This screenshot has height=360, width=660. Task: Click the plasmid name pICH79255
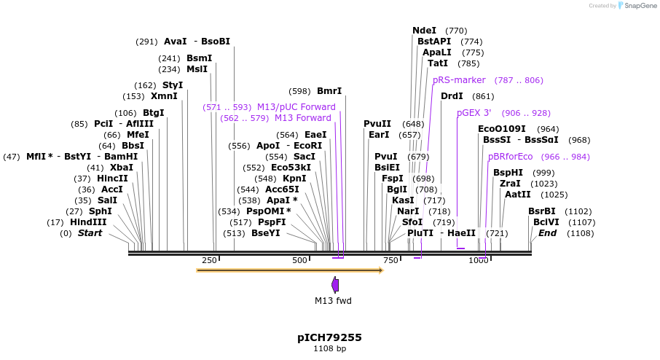(x=329, y=337)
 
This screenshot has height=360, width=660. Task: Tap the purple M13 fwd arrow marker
(x=335, y=285)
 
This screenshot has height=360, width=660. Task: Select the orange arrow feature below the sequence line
(x=289, y=270)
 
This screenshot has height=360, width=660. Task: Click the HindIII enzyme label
(x=88, y=222)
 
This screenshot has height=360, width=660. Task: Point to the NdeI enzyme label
(x=424, y=31)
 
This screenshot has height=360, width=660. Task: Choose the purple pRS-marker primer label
(x=459, y=80)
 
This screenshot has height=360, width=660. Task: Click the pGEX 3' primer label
(x=474, y=113)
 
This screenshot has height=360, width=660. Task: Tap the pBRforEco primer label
(x=510, y=157)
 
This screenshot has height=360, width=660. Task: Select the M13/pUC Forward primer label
(x=296, y=107)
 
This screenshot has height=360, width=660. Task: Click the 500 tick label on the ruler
(x=300, y=260)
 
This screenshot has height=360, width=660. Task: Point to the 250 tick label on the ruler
(x=209, y=260)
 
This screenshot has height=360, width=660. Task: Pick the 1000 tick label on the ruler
(x=478, y=260)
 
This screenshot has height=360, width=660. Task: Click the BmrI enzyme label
(x=329, y=91)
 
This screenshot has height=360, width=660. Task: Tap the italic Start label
(x=90, y=233)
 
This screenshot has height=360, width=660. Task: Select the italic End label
(x=547, y=233)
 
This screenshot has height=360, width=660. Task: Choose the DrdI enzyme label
(x=452, y=96)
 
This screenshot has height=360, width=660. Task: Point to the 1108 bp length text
(x=329, y=349)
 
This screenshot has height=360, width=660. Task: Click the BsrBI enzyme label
(x=541, y=211)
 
